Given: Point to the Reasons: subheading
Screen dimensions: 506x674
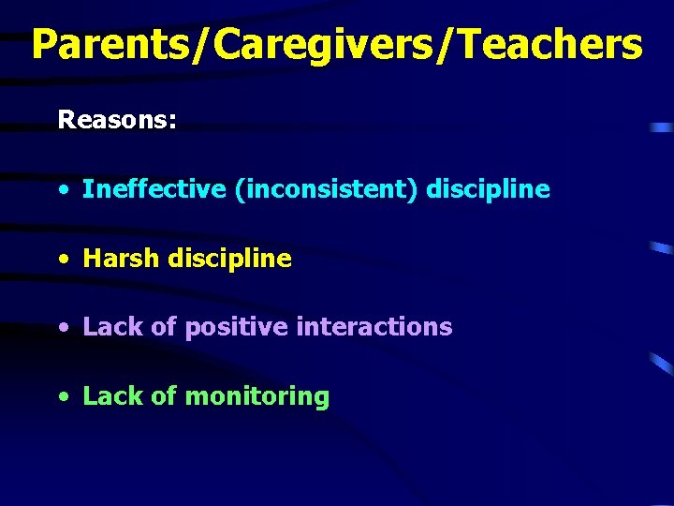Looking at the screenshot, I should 116,120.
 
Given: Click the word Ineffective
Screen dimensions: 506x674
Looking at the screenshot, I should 154,189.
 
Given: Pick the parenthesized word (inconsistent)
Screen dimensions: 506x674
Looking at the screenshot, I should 327,189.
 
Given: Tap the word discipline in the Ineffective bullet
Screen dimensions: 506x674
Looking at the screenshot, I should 488,189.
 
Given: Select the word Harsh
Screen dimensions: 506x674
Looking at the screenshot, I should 122,259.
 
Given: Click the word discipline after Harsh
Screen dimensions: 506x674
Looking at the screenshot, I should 229,259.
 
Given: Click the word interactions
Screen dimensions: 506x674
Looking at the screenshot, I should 374,327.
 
